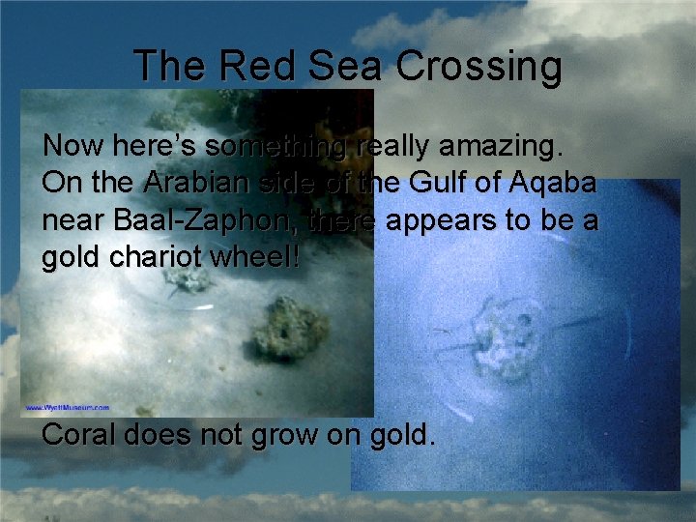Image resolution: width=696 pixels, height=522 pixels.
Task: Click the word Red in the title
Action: pyautogui.click(x=246, y=67)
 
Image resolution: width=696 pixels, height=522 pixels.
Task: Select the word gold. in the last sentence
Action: pyautogui.click(x=400, y=435)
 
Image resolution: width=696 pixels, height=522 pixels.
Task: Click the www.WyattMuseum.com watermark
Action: pyautogui.click(x=68, y=408)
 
